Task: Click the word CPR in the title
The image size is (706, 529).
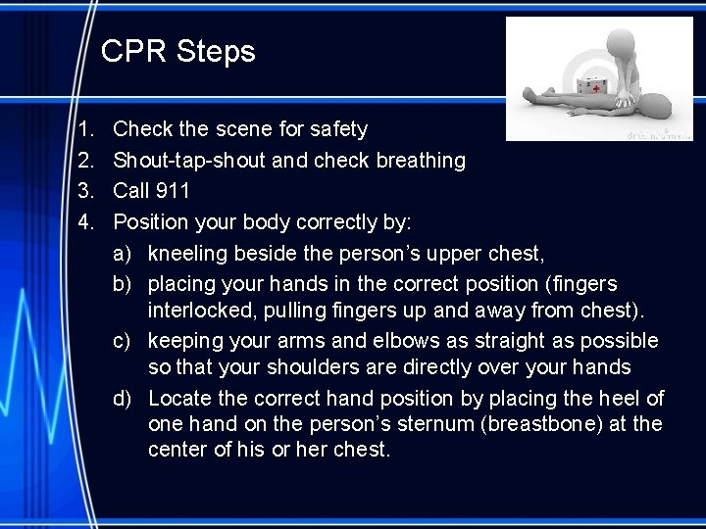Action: [x=134, y=52]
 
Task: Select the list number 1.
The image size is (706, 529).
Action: [x=85, y=128]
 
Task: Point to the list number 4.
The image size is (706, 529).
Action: [x=85, y=220]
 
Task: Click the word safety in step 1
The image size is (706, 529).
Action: [x=338, y=128]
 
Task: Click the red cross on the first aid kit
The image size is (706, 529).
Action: [x=595, y=87]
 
